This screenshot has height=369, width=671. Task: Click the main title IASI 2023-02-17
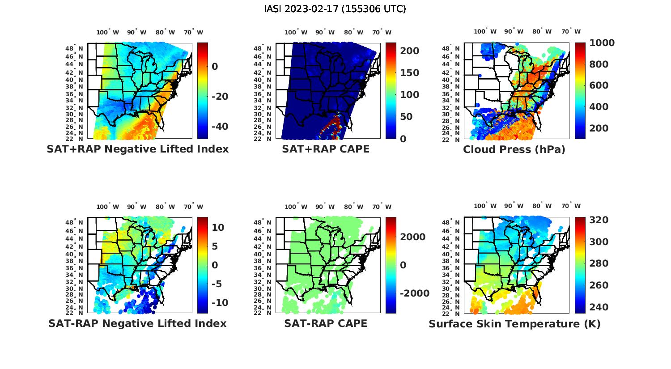(x=335, y=9)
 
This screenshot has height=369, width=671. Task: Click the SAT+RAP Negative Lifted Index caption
(x=138, y=149)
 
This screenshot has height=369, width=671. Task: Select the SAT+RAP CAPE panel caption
(x=326, y=149)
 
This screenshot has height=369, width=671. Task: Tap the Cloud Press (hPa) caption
(x=514, y=149)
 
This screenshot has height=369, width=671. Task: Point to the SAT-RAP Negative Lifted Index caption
(x=138, y=323)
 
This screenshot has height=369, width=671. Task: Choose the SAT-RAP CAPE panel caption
(x=326, y=323)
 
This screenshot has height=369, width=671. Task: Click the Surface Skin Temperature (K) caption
(x=514, y=324)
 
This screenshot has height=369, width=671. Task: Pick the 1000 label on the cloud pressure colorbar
(x=602, y=43)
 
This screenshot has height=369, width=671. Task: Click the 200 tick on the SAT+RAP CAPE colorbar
(x=409, y=51)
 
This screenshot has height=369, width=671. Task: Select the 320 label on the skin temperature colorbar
(x=599, y=220)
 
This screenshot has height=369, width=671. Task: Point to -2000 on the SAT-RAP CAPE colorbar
(x=414, y=293)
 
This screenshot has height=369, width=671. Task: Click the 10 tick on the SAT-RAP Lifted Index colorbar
(x=218, y=227)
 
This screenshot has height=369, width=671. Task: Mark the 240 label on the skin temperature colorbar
(x=599, y=307)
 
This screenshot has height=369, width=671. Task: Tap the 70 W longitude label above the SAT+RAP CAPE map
(x=382, y=32)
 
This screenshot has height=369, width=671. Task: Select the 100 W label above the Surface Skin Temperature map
(x=485, y=206)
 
